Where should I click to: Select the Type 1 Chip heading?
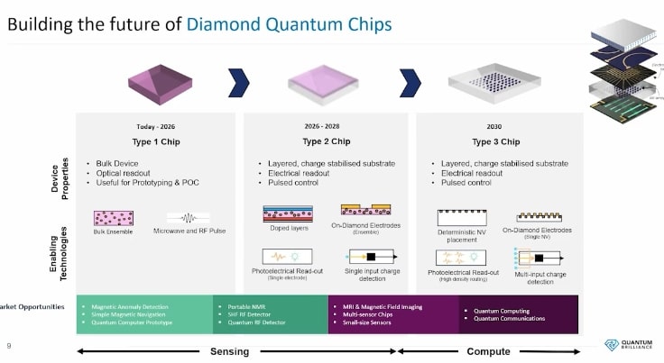pyautogui.click(x=156, y=141)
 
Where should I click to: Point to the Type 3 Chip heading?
pyautogui.click(x=495, y=141)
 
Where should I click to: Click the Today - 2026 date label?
pyautogui.click(x=156, y=127)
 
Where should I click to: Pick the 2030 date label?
pyautogui.click(x=495, y=127)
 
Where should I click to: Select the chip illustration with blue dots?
pyautogui.click(x=491, y=84)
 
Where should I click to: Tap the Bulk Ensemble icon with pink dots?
pyautogui.click(x=114, y=218)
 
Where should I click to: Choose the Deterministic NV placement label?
pyautogui.click(x=461, y=237)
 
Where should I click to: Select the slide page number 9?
pyautogui.click(x=9, y=345)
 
